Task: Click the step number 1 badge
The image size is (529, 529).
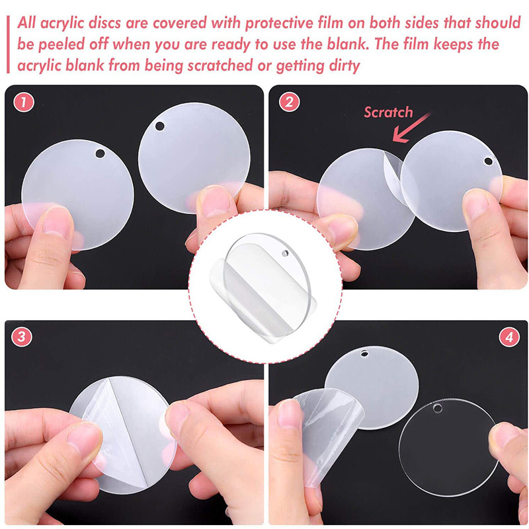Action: click(24, 102)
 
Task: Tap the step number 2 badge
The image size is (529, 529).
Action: click(289, 102)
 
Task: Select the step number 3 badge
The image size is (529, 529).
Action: click(22, 337)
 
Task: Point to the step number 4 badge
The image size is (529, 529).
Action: click(509, 337)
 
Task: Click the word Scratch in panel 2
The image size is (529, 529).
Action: click(388, 112)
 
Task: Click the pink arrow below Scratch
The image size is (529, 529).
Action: click(411, 128)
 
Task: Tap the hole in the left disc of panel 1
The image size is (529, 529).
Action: click(101, 153)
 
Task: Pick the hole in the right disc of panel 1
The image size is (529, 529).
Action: click(159, 126)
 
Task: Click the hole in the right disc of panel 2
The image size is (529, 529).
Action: click(488, 161)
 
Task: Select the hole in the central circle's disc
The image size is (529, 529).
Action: click(285, 253)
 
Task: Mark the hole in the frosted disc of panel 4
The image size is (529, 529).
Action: click(364, 353)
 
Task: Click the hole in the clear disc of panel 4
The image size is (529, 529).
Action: click(438, 408)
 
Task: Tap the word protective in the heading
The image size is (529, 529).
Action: click(278, 24)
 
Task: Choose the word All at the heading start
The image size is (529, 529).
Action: click(26, 23)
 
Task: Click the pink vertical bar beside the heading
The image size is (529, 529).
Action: click(8, 44)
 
